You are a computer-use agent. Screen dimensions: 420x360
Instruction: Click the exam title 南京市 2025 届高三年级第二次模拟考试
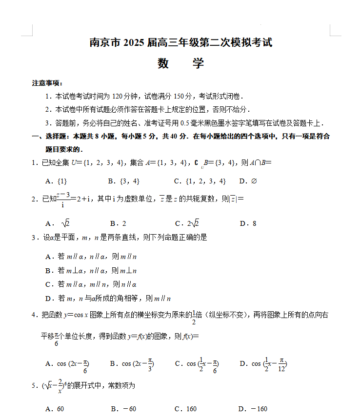[180, 42]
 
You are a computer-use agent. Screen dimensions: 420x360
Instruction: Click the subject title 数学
[180, 63]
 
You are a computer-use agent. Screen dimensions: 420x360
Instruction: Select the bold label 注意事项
[47, 83]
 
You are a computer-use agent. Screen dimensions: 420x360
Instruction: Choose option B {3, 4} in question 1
[124, 181]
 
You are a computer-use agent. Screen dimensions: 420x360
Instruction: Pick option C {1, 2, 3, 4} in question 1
[200, 181]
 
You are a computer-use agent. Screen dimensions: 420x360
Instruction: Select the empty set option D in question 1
[248, 181]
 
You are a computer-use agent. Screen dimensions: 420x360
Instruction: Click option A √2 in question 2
[58, 223]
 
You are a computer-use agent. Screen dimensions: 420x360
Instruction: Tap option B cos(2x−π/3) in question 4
[132, 364]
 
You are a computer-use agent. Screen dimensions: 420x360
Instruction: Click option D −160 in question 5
[253, 409]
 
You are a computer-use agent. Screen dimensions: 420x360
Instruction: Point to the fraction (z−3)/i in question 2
[64, 200]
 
